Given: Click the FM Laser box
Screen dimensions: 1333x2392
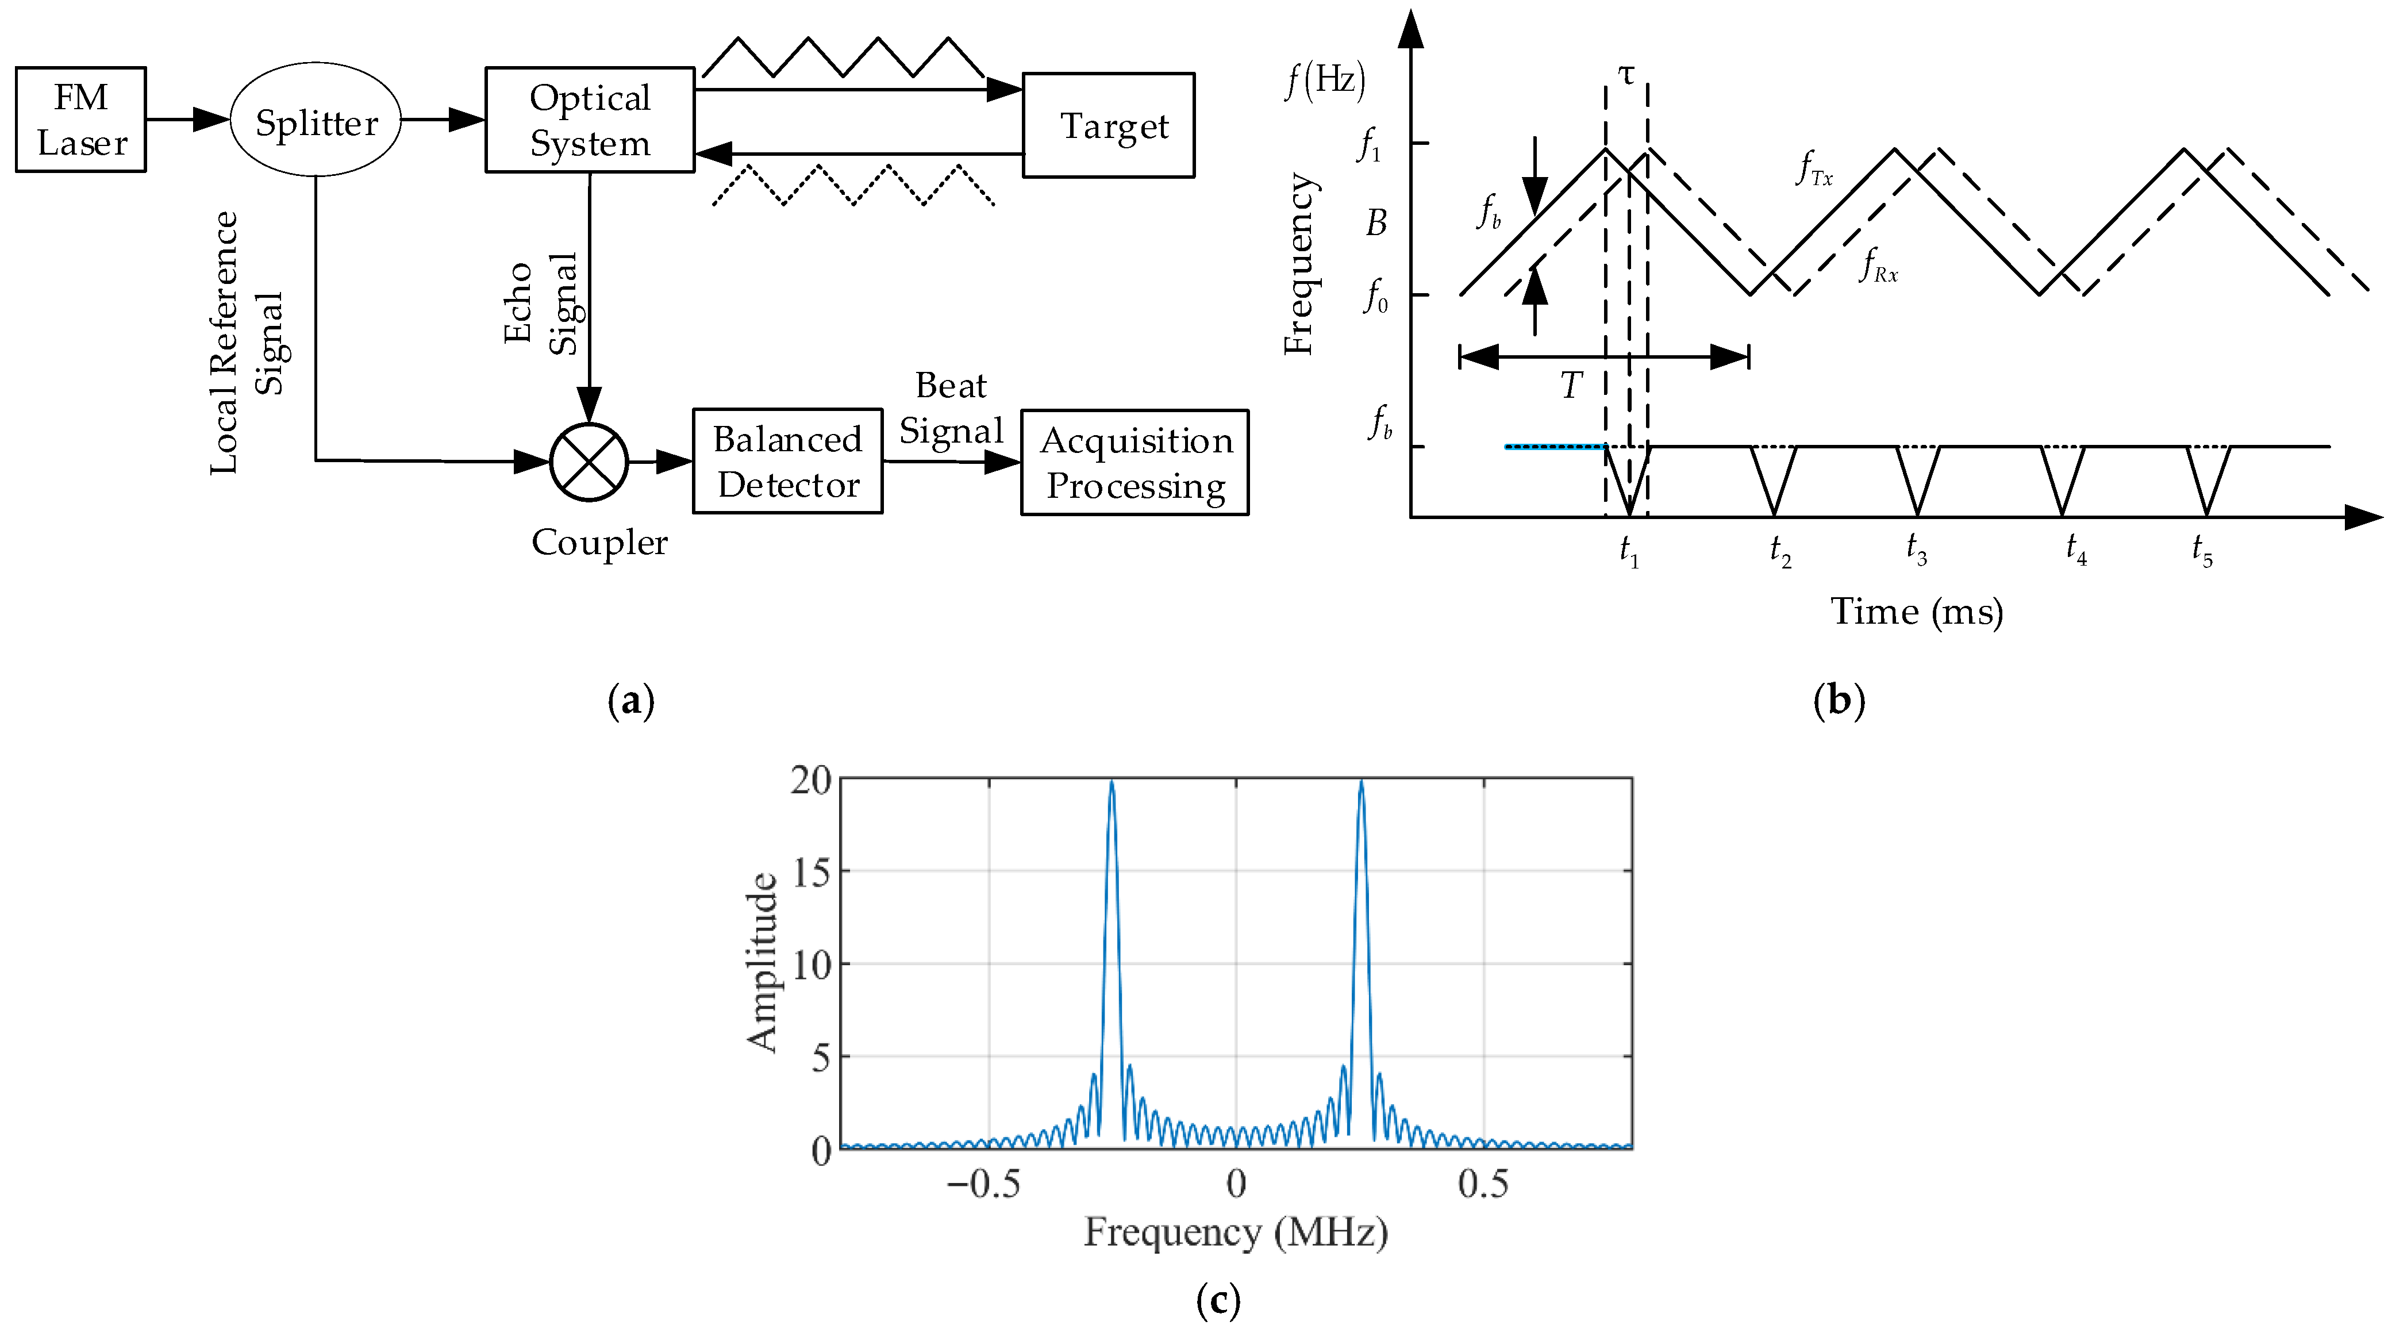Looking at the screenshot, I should (81, 120).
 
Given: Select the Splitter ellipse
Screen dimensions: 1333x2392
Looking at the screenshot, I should (316, 120).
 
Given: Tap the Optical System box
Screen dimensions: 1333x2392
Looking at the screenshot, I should (590, 120).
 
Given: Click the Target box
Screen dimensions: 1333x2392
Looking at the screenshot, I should (1109, 125).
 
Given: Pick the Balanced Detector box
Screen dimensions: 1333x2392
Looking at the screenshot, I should (787, 462).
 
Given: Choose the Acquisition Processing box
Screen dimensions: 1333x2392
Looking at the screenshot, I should (1135, 463).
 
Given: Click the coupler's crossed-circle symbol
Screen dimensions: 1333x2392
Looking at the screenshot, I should (589, 462).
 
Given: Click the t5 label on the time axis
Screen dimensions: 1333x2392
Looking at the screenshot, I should (2202, 550).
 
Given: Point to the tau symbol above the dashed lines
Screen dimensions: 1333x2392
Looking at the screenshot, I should (1626, 74).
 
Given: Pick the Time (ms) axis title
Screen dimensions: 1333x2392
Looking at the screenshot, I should (1917, 611).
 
